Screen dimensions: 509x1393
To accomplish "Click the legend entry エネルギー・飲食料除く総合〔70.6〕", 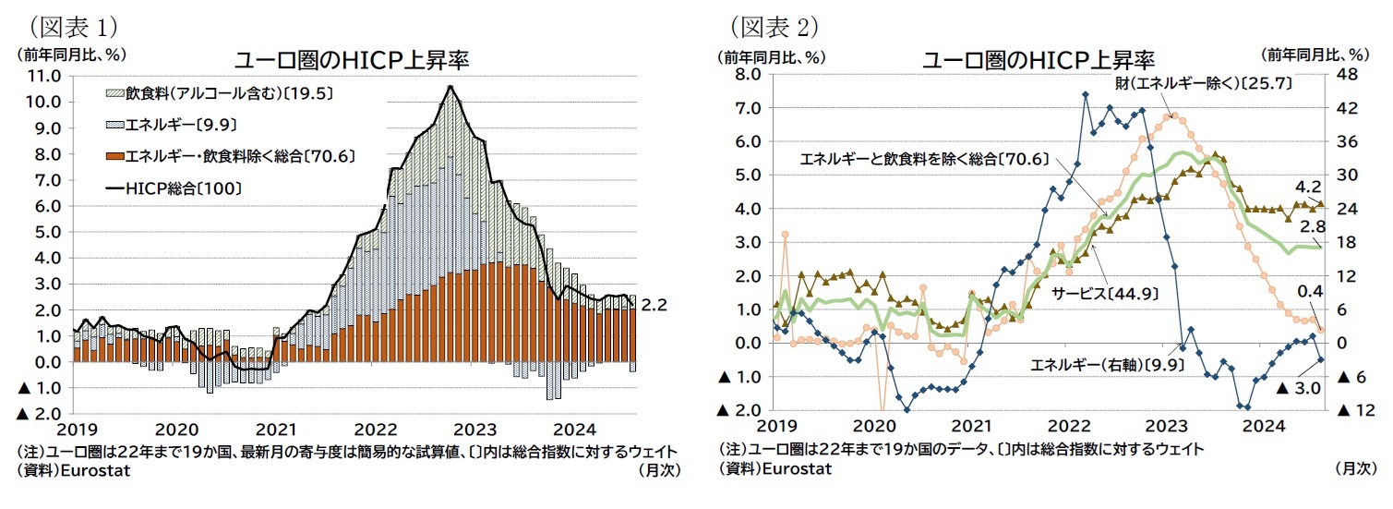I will (x=231, y=155).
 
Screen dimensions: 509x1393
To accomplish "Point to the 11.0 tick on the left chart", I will (x=46, y=75).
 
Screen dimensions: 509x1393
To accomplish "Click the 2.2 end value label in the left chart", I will (x=654, y=303).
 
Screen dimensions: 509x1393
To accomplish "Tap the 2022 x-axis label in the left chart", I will (x=375, y=430).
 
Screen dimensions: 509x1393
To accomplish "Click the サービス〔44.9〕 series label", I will (x=1105, y=293).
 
